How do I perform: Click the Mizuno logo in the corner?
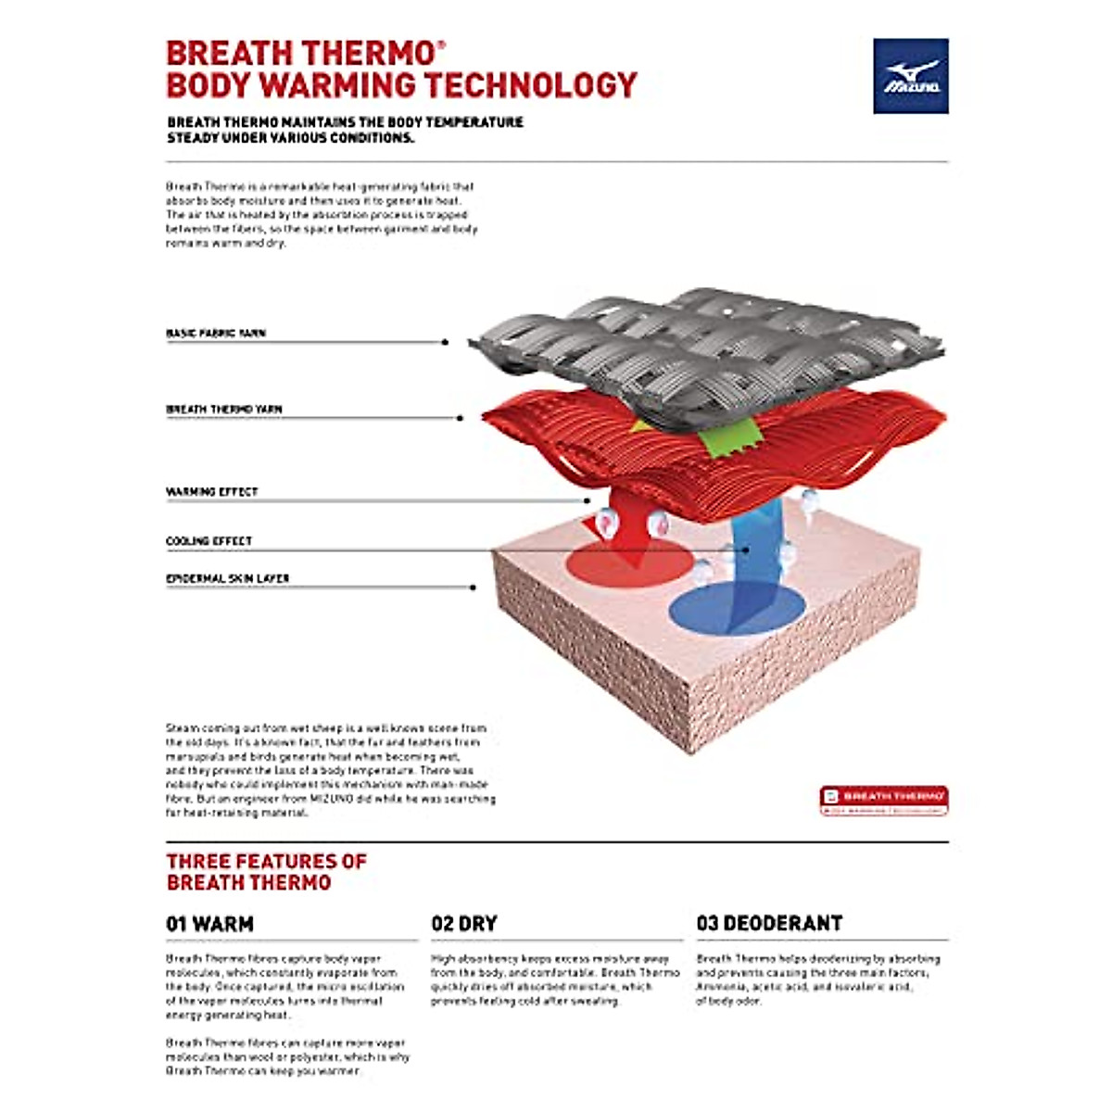click(x=910, y=76)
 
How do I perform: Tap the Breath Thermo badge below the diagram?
click(x=883, y=801)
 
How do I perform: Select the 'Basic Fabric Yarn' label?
click(x=216, y=333)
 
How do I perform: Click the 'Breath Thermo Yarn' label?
click(x=224, y=409)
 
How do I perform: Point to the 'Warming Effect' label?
click(x=212, y=491)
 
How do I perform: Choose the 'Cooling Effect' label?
click(x=208, y=540)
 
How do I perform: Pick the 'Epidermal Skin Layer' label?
click(x=228, y=578)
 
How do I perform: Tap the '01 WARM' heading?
click(x=209, y=924)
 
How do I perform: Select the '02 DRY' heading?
click(x=464, y=924)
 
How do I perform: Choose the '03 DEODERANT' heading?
click(x=769, y=924)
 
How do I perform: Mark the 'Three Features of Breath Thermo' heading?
click(x=267, y=872)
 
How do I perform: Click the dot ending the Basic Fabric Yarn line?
click(x=446, y=342)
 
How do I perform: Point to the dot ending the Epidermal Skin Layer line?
click(x=474, y=588)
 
